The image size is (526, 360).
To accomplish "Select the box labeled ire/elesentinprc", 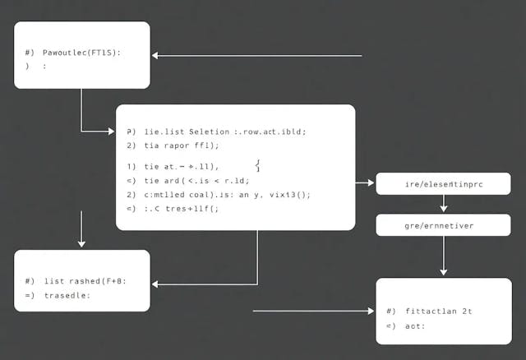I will pos(444,185).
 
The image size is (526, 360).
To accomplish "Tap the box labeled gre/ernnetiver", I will pos(444,224).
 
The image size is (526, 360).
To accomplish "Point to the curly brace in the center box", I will pos(258,166).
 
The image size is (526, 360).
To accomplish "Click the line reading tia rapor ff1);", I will pos(182,145).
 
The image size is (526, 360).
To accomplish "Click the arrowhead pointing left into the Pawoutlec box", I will pos(157,56).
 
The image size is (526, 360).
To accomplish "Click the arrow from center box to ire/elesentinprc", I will pos(365,184).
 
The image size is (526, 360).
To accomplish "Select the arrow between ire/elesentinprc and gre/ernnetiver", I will pos(444,204).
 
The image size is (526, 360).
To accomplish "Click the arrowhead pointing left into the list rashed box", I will pos(157,284).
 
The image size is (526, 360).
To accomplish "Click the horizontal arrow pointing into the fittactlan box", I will pos(312,312).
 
